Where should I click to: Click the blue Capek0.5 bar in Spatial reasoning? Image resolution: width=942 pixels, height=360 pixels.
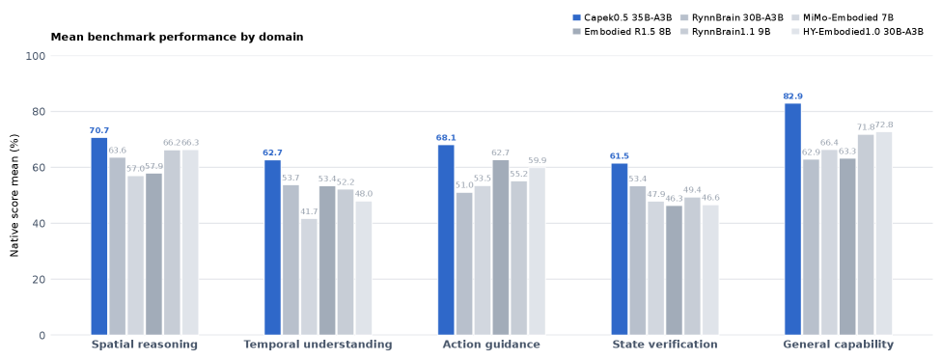click(99, 236)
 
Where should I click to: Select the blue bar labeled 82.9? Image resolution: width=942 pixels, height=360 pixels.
click(793, 219)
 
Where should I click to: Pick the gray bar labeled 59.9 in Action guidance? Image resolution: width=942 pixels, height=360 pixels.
click(537, 251)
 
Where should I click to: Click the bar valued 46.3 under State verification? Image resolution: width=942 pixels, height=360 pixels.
click(674, 270)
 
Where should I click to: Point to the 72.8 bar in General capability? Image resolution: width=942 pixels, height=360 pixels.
click(884, 234)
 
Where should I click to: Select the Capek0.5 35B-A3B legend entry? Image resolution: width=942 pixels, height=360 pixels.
click(623, 18)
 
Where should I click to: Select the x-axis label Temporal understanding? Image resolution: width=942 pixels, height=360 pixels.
click(318, 345)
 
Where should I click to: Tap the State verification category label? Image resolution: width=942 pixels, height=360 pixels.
click(665, 345)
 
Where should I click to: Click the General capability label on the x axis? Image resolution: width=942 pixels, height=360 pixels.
click(838, 345)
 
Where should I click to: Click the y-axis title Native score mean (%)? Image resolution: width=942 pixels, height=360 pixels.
click(14, 196)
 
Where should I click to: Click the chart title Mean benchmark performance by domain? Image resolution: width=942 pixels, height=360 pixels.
click(178, 38)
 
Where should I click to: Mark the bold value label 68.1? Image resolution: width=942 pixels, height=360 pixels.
click(446, 138)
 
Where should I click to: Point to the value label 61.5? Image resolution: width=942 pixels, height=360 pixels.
click(620, 156)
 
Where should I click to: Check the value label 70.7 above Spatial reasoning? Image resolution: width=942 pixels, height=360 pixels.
click(99, 130)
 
